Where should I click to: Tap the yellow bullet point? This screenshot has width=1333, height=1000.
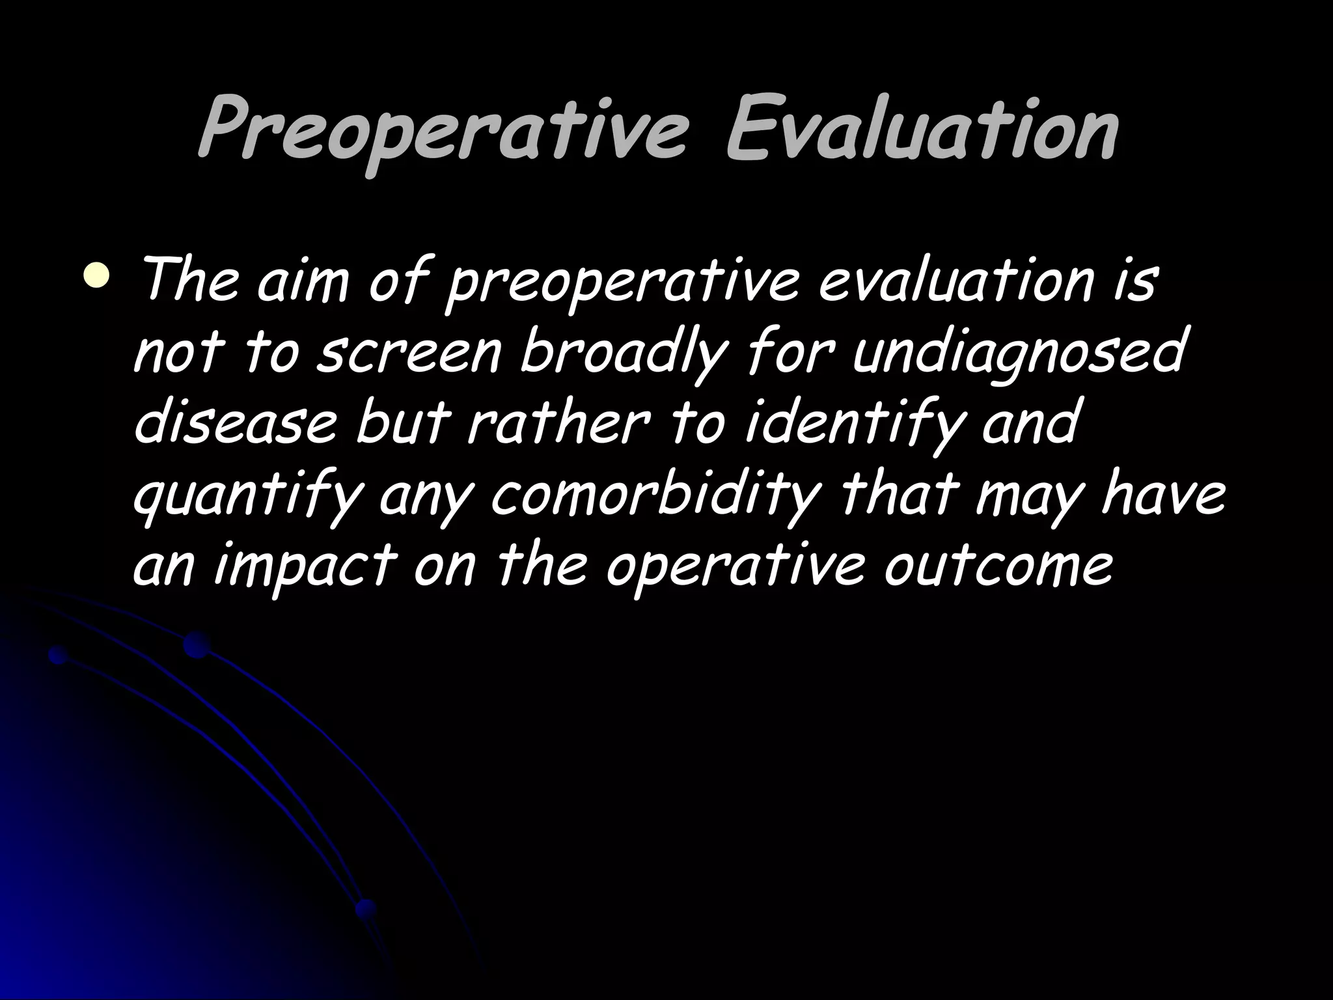coord(97,274)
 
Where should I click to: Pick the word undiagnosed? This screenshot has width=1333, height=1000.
coord(1016,354)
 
